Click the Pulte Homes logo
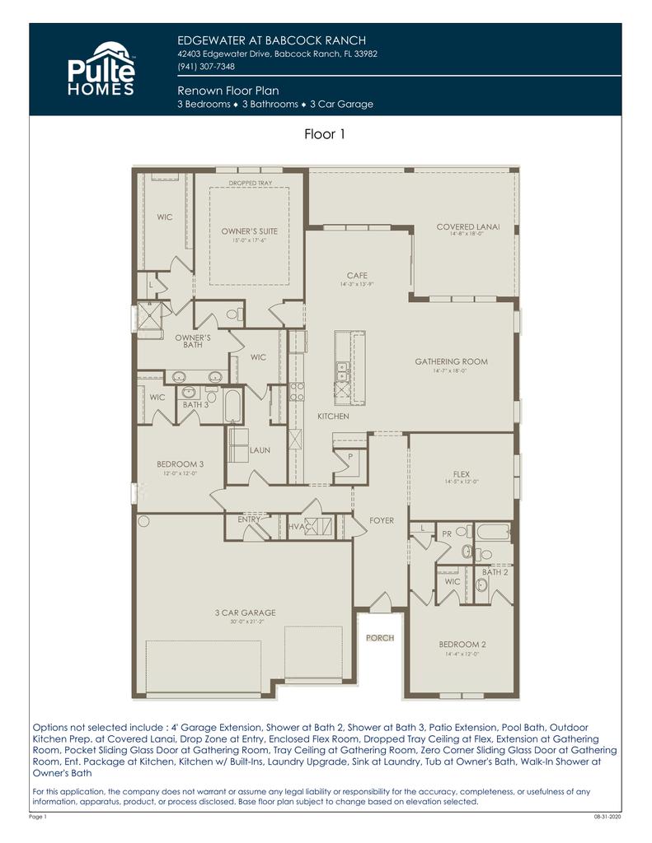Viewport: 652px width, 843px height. pos(100,69)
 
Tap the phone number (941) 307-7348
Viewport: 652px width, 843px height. pos(206,67)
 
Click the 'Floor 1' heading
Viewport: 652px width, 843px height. pos(325,135)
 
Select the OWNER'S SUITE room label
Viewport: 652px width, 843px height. pos(249,231)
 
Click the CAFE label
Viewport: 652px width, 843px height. pos(357,276)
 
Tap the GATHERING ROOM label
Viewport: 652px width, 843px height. pos(451,361)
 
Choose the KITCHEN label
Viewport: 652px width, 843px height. pos(333,417)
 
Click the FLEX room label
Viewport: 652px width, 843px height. pos(461,474)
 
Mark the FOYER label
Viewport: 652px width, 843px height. pos(382,521)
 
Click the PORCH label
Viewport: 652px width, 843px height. pos(380,638)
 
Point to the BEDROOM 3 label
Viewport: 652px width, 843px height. pos(180,464)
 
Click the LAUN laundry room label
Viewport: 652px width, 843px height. pos(260,450)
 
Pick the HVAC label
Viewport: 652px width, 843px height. pos(298,527)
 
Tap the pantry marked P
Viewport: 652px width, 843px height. pos(349,455)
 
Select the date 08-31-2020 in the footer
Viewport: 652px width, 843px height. pos(607,817)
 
